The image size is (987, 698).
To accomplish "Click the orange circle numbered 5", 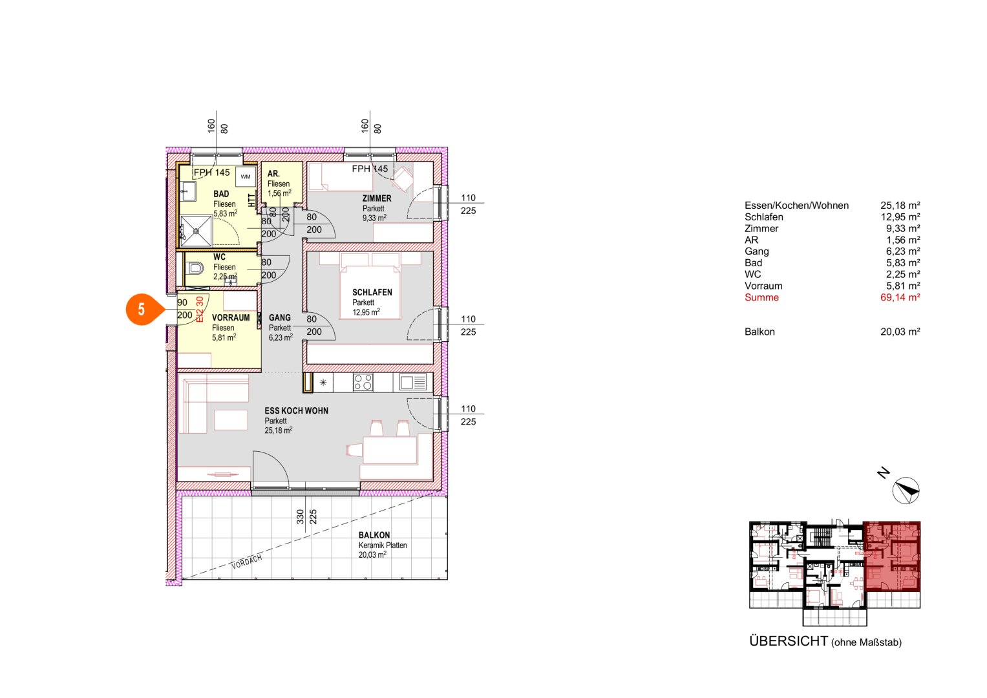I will coord(142,310).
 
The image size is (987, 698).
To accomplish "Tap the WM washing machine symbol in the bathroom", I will coord(245,176).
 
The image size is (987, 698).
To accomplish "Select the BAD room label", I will coord(221,194).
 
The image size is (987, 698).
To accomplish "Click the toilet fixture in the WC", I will coord(195,268).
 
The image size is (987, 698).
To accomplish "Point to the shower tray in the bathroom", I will coord(195,231).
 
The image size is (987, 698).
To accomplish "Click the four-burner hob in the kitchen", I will coord(363,383).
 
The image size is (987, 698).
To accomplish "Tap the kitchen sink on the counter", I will coord(412,383).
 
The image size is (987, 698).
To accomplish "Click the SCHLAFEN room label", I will coord(372,292).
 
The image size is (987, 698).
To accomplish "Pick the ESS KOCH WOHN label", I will coord(296,411).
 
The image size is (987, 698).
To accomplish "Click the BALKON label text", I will coord(374,535).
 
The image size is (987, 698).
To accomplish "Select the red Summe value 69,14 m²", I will coord(900,297).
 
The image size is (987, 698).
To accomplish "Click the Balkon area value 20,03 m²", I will coord(900,332).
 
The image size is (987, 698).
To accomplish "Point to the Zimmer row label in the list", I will coord(761,228).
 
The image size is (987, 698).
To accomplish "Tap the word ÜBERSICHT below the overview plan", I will coord(788,641).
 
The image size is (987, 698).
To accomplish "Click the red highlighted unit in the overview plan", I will coord(892,556).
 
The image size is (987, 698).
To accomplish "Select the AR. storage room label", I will coord(273,174).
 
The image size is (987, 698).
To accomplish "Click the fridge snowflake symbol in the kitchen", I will coord(323,383).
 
